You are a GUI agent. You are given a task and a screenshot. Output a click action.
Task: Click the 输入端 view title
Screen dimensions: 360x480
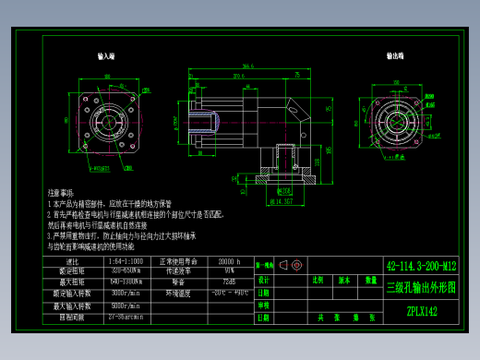click(x=105, y=56)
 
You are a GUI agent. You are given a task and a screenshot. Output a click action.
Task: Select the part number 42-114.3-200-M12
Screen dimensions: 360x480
click(x=421, y=267)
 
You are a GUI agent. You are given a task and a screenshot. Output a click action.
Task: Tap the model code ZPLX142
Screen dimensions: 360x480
click(x=421, y=311)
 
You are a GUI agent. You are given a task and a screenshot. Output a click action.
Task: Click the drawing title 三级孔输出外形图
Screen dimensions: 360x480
click(x=421, y=288)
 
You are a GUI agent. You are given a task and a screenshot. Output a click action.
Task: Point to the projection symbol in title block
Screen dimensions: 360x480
click(x=291, y=266)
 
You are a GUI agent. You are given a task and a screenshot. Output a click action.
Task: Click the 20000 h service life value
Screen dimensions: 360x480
click(x=230, y=262)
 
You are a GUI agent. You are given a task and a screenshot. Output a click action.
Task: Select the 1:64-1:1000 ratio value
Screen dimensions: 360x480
click(x=126, y=262)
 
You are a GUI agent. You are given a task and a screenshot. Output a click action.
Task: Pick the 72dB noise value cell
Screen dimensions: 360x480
click(x=230, y=282)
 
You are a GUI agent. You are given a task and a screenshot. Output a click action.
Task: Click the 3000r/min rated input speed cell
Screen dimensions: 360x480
click(x=126, y=293)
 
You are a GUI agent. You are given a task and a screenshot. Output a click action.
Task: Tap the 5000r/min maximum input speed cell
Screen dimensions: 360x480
click(x=126, y=305)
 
